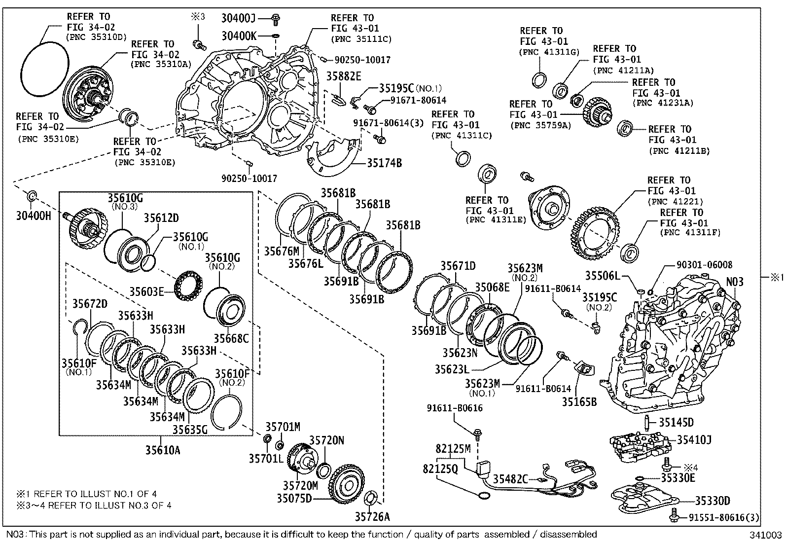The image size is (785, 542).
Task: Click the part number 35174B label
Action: click(x=384, y=163)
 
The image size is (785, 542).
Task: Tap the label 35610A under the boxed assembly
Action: click(x=162, y=450)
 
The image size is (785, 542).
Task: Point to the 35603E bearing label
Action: click(x=146, y=291)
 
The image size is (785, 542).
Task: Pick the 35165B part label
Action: click(x=579, y=402)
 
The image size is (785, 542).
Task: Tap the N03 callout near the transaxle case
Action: click(x=734, y=282)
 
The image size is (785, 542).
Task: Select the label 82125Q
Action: click(x=440, y=469)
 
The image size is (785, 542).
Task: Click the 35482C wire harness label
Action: click(x=511, y=479)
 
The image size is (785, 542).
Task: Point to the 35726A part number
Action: click(x=372, y=517)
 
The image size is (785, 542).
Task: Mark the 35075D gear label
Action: click(x=294, y=498)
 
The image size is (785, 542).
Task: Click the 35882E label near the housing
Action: click(x=343, y=76)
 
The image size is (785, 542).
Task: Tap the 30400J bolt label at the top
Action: click(x=239, y=19)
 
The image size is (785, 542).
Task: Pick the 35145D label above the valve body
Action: click(x=677, y=422)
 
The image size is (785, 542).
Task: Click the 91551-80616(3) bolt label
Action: click(x=724, y=517)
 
